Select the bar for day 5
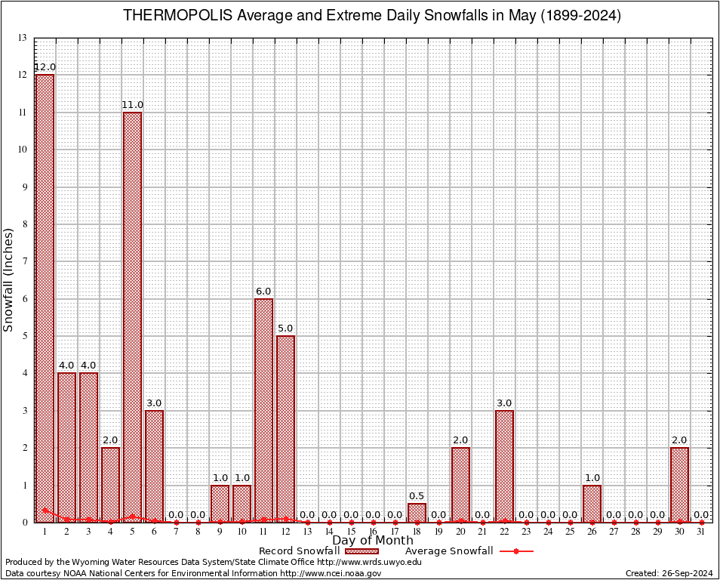pyautogui.click(x=132, y=316)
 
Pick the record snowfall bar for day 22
pyautogui.click(x=504, y=466)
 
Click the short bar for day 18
pyautogui.click(x=417, y=513)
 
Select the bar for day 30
pyautogui.click(x=679, y=484)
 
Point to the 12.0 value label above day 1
pyautogui.click(x=45, y=67)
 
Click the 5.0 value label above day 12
pyautogui.click(x=286, y=329)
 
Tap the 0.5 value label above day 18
pyautogui.click(x=417, y=496)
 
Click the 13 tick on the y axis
pyautogui.click(x=22, y=38)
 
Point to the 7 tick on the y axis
pyautogui.click(x=23, y=261)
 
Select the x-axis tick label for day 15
pyautogui.click(x=351, y=532)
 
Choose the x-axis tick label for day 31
pyautogui.click(x=701, y=532)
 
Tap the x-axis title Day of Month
pyautogui.click(x=372, y=540)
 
